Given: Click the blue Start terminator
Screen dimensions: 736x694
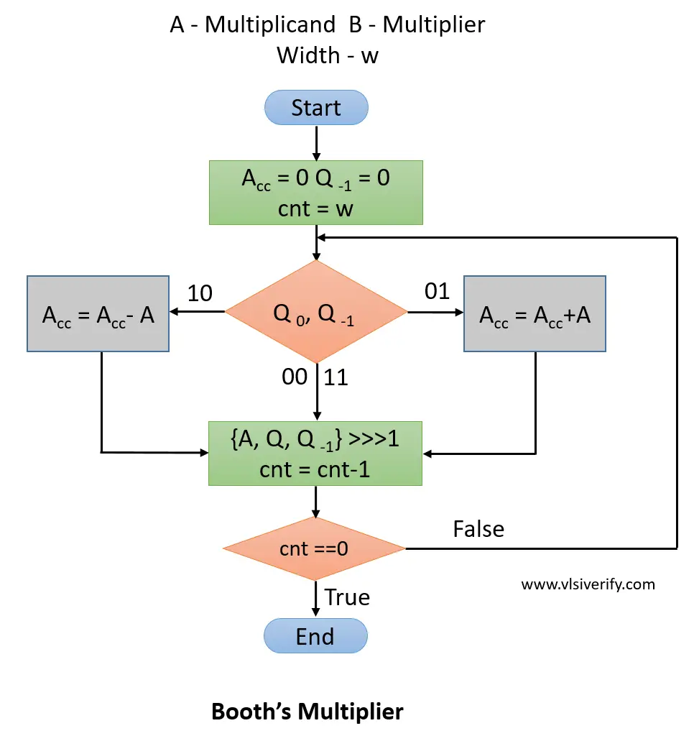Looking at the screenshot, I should tap(316, 109).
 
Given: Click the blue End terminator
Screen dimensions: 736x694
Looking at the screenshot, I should tap(316, 636).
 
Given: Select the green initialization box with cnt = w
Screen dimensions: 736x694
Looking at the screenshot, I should tap(316, 192).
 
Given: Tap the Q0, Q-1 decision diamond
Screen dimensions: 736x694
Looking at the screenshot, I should tap(316, 312).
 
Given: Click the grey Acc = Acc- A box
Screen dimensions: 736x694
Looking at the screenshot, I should tap(98, 313).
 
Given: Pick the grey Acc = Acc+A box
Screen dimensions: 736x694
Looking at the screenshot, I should tap(535, 313).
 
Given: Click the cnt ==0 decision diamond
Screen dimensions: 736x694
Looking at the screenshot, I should tap(315, 549).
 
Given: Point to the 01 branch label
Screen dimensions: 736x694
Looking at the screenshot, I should tap(437, 291).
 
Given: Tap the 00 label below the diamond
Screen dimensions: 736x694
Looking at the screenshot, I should tap(295, 377).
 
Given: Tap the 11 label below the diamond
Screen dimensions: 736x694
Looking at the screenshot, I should tap(336, 377).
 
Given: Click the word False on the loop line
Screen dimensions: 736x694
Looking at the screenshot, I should tap(478, 529).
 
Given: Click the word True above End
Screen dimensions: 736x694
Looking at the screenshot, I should tap(347, 597).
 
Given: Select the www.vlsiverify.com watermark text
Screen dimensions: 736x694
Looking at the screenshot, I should tap(588, 584).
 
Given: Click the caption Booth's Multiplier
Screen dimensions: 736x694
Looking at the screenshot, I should tap(307, 712).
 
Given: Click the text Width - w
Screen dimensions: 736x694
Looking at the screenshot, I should tap(328, 55).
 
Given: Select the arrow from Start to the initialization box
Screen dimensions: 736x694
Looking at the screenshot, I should tap(316, 144).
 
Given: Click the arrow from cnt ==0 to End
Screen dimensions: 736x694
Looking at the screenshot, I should tap(316, 598).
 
